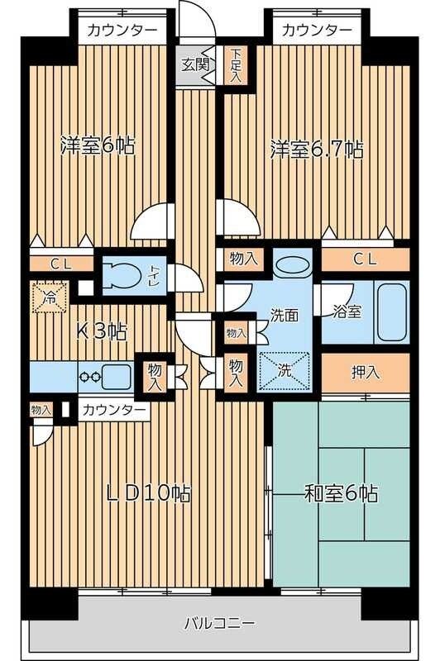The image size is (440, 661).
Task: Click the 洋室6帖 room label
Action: point(98,146)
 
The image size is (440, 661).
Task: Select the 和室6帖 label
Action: point(341,494)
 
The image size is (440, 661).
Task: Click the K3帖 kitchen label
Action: point(101,332)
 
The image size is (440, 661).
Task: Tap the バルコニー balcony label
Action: point(218,622)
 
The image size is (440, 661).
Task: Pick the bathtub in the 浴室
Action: point(391,313)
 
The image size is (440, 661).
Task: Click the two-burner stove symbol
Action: point(89,376)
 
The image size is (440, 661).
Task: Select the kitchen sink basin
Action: point(117,375)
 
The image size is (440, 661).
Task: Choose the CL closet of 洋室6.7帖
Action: point(365,259)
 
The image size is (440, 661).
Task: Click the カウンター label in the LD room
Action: point(115,410)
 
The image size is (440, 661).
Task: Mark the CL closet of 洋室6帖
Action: point(60,264)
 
